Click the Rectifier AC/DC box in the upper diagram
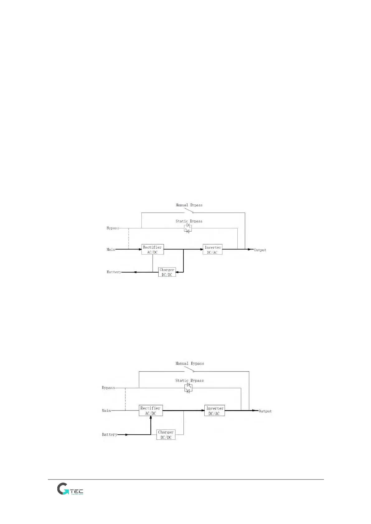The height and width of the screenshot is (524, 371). click(152, 250)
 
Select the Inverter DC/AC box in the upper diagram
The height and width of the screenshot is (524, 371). click(212, 250)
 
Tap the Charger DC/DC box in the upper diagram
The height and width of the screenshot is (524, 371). click(167, 272)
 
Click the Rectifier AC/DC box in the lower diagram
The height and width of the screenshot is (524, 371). click(150, 410)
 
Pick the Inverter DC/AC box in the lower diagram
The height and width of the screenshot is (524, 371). click(214, 411)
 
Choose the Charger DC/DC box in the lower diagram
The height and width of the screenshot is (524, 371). click(166, 434)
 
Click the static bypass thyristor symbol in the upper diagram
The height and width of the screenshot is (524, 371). click(188, 228)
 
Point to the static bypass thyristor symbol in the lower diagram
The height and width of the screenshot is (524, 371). click(188, 388)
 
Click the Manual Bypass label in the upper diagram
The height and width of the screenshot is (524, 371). click(189, 205)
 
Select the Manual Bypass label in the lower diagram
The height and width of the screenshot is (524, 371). click(190, 363)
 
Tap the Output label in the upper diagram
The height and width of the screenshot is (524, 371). click(260, 250)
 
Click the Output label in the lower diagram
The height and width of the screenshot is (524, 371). click(265, 411)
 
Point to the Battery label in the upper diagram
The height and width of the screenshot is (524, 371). click(114, 272)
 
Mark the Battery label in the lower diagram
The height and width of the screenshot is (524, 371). click(110, 434)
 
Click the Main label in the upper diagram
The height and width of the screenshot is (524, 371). click(111, 249)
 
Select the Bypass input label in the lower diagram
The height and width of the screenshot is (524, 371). click(108, 388)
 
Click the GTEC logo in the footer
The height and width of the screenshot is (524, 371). click(70, 489)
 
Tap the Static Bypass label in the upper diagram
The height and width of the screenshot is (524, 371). click(189, 221)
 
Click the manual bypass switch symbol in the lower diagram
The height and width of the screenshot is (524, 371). click(189, 369)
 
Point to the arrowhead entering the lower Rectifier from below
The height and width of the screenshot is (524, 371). click(151, 418)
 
